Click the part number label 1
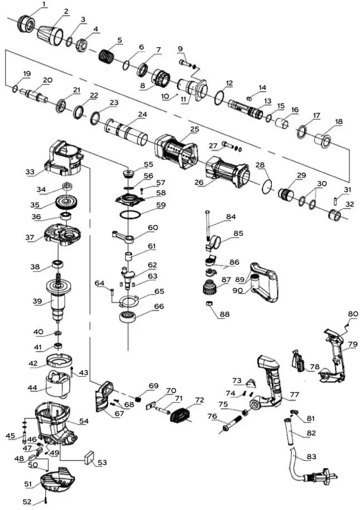(x=45, y=5)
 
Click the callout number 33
(x=30, y=172)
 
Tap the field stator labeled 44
(x=60, y=384)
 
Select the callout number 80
(x=352, y=314)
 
